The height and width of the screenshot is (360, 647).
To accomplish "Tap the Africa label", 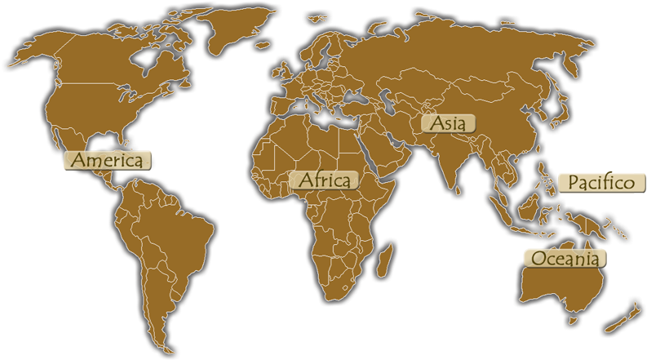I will coord(324,180).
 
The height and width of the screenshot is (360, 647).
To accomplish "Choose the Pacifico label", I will coord(601,182).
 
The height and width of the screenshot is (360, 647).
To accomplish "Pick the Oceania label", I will coord(565,259).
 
